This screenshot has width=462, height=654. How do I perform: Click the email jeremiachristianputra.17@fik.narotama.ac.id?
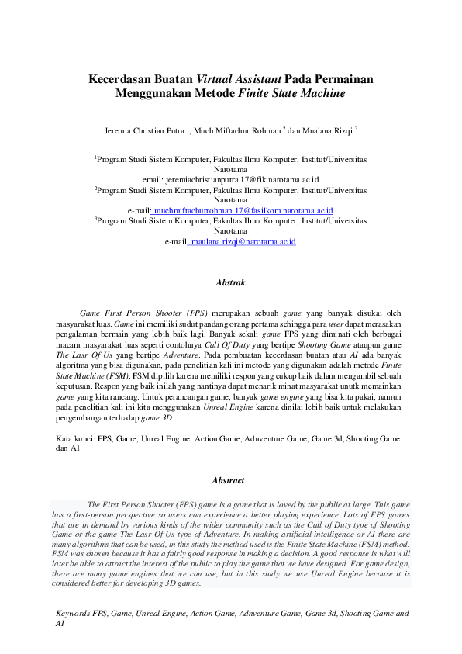232,178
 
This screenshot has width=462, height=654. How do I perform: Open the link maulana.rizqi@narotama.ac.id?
242,242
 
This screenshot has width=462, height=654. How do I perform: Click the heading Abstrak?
230,282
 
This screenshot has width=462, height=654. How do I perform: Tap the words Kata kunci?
74,438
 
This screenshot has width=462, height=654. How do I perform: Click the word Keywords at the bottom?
73,613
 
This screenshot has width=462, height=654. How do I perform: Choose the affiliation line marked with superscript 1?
231,158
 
